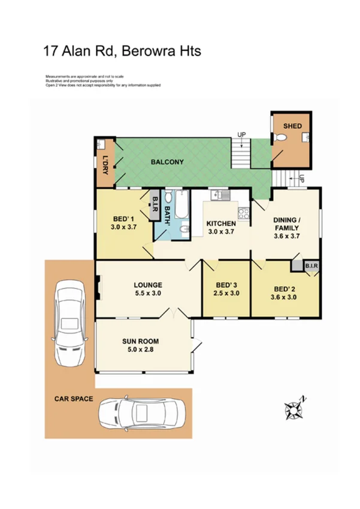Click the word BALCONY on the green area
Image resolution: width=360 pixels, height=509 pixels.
click(x=163, y=162)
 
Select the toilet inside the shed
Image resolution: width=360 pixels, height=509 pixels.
click(x=304, y=138)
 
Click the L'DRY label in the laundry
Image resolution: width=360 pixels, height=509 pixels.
click(x=105, y=164)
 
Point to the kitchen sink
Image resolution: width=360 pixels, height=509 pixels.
click(x=219, y=194)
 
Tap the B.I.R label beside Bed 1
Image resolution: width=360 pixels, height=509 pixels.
click(x=155, y=205)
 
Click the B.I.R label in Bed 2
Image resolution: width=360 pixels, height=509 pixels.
click(x=311, y=264)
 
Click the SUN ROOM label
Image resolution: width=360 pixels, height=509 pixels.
click(x=141, y=341)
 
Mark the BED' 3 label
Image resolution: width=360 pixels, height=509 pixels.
click(x=226, y=284)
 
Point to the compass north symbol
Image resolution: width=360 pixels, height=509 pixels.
click(x=295, y=409)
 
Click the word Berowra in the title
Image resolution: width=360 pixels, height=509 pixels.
click(x=147, y=51)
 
